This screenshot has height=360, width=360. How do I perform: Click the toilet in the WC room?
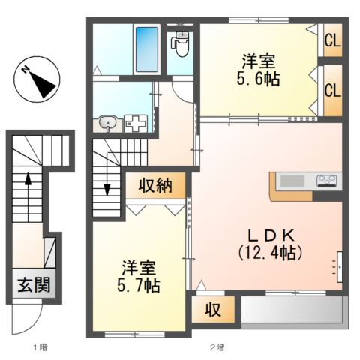pyautogui.click(x=180, y=44)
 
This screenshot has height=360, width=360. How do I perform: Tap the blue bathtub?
pyautogui.click(x=147, y=49)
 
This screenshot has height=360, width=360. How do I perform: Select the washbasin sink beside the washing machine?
pyautogui.click(x=108, y=122)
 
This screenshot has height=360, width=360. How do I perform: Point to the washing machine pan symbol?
pyautogui.click(x=136, y=124)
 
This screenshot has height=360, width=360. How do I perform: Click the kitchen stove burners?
pyautogui.click(x=326, y=181)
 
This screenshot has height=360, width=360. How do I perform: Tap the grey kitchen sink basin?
pyautogui.click(x=292, y=181)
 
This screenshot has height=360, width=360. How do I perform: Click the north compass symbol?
pyautogui.click(x=37, y=79)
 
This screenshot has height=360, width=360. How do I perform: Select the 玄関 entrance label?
pyautogui.click(x=34, y=284)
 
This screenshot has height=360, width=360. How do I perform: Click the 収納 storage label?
pyautogui.click(x=155, y=186)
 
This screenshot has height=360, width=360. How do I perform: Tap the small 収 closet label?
pyautogui.click(x=213, y=310)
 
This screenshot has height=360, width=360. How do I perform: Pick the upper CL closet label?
pyautogui.click(x=333, y=40)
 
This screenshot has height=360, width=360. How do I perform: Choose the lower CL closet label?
pyautogui.click(x=333, y=90)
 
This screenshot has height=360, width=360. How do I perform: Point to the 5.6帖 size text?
pyautogui.click(x=258, y=79)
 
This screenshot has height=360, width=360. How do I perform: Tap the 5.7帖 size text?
pyautogui.click(x=139, y=286)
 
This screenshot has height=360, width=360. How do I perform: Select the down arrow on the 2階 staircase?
pyautogui.click(x=107, y=174)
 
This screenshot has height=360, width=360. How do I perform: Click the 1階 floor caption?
pyautogui.click(x=40, y=347)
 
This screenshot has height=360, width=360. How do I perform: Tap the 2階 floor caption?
pyautogui.click(x=217, y=347)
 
